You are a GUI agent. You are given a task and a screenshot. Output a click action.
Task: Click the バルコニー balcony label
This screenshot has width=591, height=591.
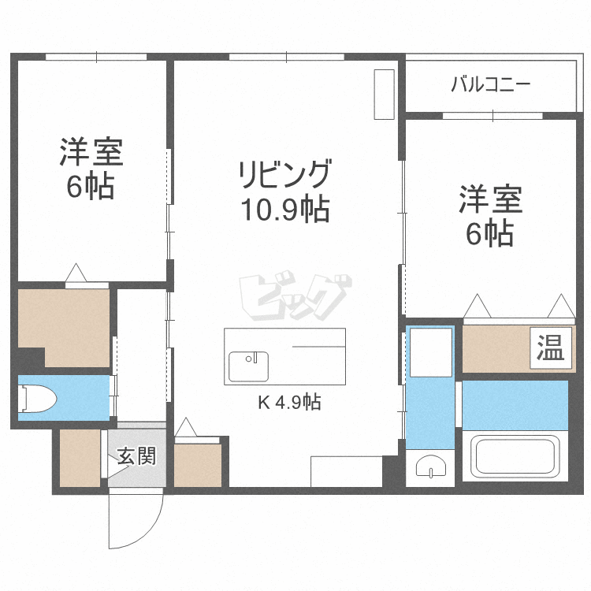tap(491, 84)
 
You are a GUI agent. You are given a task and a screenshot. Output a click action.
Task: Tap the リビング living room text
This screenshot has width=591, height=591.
tap(285, 174)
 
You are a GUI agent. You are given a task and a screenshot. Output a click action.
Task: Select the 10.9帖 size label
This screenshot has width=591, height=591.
tap(285, 209)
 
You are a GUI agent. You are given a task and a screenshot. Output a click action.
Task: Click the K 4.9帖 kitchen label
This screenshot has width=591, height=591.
tap(289, 402)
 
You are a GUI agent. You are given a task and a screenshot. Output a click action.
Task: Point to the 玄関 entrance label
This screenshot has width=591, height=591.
tap(136, 456)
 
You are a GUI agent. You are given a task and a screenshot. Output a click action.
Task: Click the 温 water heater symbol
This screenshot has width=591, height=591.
tap(551, 348)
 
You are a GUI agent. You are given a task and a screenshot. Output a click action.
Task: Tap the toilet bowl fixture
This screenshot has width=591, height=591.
tap(37, 399)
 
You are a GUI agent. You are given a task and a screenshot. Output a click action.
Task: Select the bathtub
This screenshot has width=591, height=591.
tap(515, 456)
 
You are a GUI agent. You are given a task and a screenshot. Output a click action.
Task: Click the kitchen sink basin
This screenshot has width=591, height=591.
tap(249, 366)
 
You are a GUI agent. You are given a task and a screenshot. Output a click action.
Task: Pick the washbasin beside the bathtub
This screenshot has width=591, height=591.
tap(431, 466)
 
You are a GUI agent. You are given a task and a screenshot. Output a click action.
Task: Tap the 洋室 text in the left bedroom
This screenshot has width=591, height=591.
tap(91, 152)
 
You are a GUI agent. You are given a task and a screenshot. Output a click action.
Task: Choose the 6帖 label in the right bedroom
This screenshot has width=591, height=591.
tap(490, 233)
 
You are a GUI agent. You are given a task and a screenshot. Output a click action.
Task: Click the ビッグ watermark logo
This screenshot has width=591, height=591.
tap(295, 295)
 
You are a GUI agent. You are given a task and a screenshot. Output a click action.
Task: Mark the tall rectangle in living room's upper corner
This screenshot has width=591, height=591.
tap(384, 95)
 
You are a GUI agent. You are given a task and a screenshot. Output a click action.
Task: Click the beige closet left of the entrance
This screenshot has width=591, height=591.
tap(80, 458)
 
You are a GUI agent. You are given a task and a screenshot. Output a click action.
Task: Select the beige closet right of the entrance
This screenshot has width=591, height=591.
tap(198, 465)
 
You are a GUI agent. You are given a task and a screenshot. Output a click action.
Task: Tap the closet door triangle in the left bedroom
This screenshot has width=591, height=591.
tap(76, 272)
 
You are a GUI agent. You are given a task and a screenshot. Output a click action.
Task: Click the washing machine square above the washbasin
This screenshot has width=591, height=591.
tap(431, 352)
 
